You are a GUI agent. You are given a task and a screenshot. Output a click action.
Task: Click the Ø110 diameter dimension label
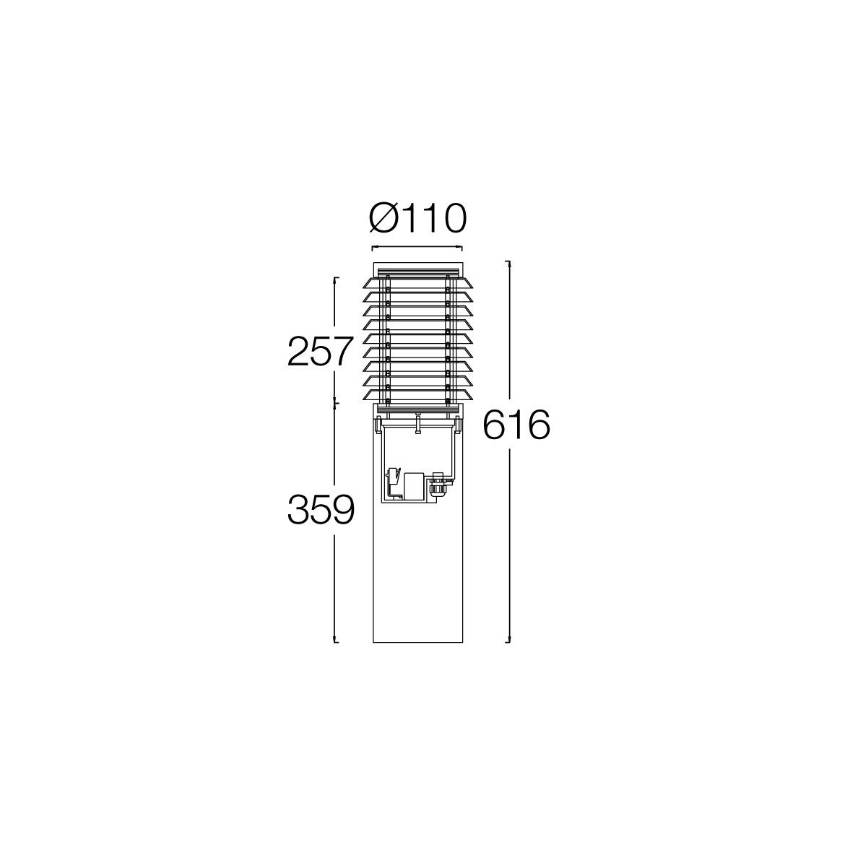[417, 218]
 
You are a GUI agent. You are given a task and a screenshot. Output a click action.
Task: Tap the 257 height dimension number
[321, 352]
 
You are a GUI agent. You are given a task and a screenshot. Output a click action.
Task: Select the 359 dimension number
[321, 510]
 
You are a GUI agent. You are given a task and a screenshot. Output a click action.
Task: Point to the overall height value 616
[516, 425]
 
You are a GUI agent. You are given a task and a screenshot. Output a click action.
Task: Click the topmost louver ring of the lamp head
[417, 284]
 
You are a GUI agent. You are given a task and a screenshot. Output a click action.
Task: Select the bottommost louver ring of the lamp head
[417, 395]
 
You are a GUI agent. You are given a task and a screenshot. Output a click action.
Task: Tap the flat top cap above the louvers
[417, 269]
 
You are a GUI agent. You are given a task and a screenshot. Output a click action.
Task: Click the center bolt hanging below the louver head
[417, 423]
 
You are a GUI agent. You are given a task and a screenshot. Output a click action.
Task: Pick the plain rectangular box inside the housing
[413, 487]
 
